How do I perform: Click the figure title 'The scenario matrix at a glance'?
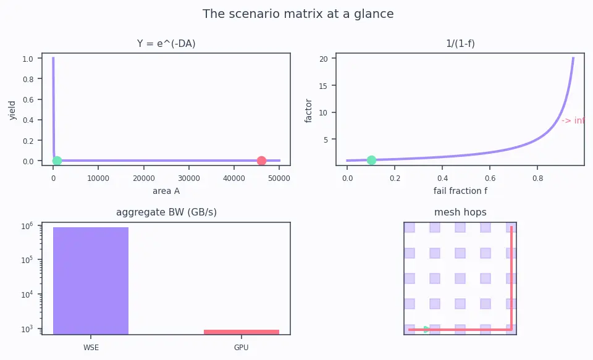298,14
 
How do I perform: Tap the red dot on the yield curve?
261,161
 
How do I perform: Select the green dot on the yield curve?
57,161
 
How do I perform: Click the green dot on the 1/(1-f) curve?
371,160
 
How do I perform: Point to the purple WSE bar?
91,280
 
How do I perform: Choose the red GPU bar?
242,332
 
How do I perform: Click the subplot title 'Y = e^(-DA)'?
166,43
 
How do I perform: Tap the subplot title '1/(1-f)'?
460,43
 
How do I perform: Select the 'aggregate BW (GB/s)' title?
166,212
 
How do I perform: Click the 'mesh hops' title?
460,212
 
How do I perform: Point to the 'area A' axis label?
166,191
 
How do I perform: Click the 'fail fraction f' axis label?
460,191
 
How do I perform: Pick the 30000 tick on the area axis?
189,178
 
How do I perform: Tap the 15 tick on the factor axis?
323,86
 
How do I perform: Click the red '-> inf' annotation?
573,120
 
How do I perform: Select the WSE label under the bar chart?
91,347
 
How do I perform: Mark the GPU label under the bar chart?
242,347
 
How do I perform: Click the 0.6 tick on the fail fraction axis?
490,178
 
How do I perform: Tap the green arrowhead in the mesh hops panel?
427,329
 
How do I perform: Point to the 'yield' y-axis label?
12,110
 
